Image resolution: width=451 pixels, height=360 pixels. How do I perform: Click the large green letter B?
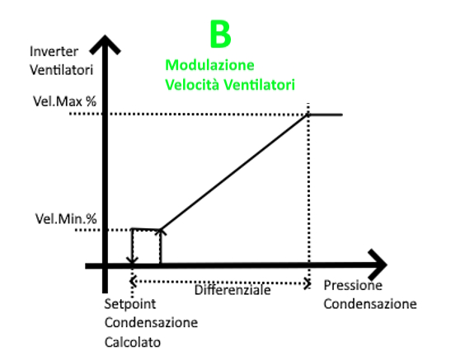pyautogui.click(x=221, y=34)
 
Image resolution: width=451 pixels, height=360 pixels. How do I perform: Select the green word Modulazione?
pyautogui.click(x=209, y=65)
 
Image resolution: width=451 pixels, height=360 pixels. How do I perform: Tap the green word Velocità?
pyautogui.click(x=193, y=85)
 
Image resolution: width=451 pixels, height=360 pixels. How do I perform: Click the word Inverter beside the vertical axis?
pyautogui.click(x=54, y=52)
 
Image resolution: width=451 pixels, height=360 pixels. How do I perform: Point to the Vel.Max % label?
pyautogui.click(x=64, y=101)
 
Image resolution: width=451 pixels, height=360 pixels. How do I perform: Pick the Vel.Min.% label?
pyautogui.click(x=66, y=219)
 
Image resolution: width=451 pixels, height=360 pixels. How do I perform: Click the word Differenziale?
pyautogui.click(x=233, y=290)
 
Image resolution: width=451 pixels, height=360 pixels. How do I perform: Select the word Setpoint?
pyautogui.click(x=130, y=305)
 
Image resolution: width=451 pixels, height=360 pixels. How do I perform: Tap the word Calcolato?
pyautogui.click(x=133, y=343)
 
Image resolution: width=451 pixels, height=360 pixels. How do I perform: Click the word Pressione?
pyautogui.click(x=353, y=286)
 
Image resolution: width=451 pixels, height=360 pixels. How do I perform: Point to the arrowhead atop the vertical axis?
pyautogui.click(x=105, y=44)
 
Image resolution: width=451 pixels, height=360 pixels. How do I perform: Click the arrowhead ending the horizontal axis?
pyautogui.click(x=378, y=265)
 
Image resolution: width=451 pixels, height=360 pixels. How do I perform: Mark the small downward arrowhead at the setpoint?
pyautogui.click(x=132, y=260)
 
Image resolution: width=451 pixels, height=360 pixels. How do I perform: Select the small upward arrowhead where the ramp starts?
pyautogui.click(x=161, y=231)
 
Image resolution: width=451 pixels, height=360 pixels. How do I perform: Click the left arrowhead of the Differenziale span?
pyautogui.click(x=133, y=281)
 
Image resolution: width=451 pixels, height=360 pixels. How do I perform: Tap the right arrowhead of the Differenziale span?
pyautogui.click(x=308, y=284)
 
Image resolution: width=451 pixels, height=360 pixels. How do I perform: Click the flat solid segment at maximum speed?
pyautogui.click(x=326, y=115)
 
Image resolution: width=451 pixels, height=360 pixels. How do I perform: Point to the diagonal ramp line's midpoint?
pyautogui.click(x=234, y=172)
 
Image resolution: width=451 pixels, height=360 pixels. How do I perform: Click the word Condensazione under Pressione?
pyautogui.click(x=370, y=304)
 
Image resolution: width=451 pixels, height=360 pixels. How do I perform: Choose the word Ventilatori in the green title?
pyautogui.click(x=259, y=85)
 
